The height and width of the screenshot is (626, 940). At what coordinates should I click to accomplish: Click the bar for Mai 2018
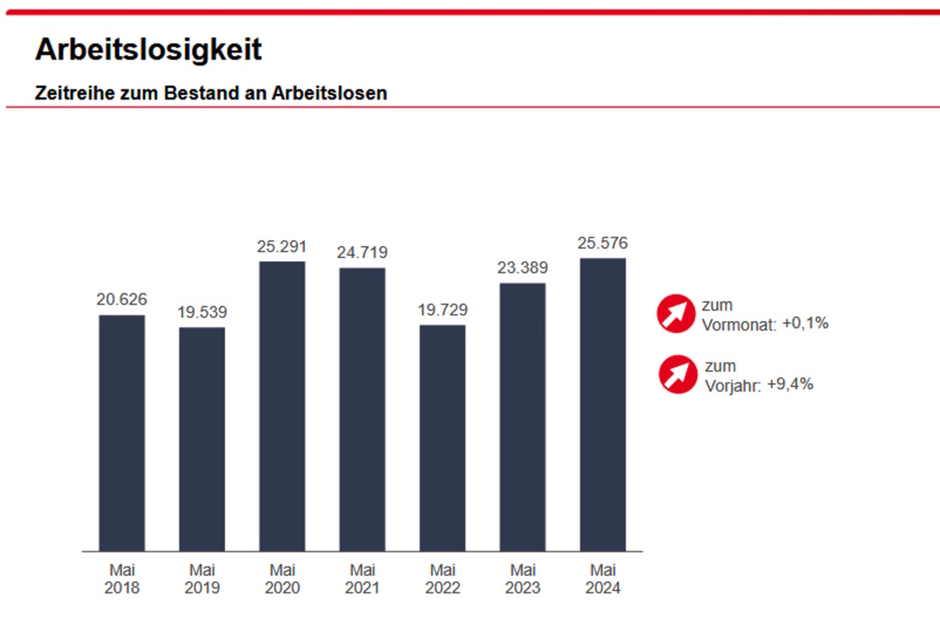[x=121, y=433]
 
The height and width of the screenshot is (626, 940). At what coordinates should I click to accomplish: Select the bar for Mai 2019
[x=202, y=439]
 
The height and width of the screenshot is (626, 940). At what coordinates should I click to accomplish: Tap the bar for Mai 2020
[x=282, y=406]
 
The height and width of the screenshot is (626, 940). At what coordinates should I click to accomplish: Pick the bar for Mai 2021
[x=362, y=409]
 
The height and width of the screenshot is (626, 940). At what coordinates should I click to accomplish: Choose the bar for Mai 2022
[x=443, y=438]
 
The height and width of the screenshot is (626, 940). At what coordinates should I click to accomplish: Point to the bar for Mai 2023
[x=523, y=417]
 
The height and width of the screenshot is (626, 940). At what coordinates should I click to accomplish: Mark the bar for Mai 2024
[x=603, y=404]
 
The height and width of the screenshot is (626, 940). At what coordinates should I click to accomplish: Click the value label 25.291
[x=282, y=247]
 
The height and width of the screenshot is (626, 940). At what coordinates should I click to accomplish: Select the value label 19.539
[x=202, y=313]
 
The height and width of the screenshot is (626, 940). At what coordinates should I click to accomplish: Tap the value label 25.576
[x=603, y=244]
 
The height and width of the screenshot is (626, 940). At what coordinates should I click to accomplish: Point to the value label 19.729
[x=443, y=310]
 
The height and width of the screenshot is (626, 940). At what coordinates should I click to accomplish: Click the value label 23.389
[x=523, y=268]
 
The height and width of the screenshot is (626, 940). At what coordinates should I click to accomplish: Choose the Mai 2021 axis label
[x=362, y=579]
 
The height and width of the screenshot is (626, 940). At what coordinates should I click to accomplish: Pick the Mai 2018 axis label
[x=121, y=579]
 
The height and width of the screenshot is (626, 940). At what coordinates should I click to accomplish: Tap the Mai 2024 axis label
[x=603, y=579]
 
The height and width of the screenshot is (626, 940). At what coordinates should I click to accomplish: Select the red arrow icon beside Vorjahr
[x=677, y=375]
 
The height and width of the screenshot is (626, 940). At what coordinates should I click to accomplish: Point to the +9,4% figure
[x=790, y=383]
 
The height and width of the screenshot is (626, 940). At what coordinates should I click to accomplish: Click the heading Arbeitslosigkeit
[x=148, y=49]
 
